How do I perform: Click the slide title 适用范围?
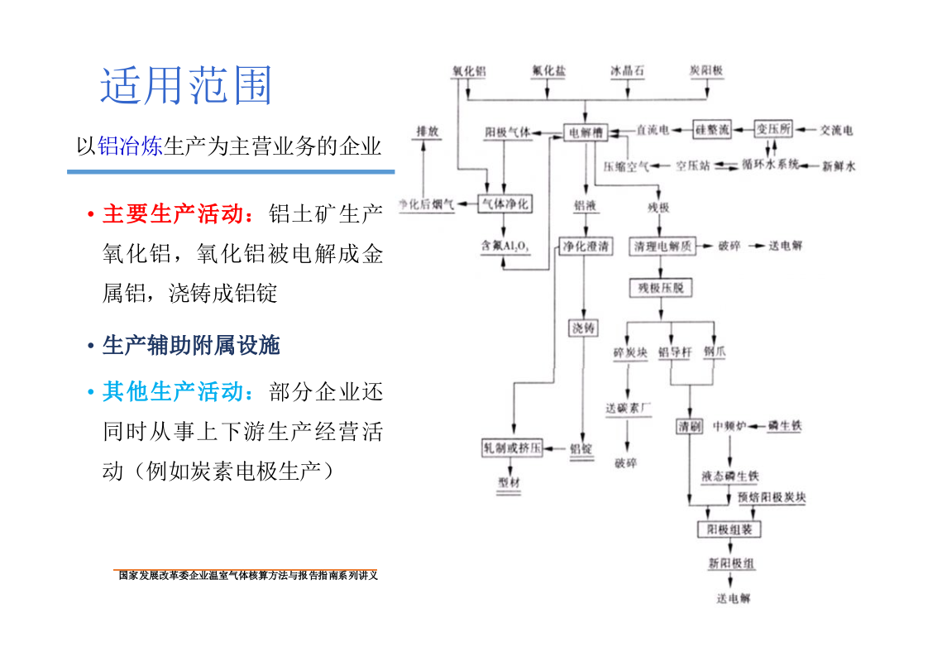coord(186,85)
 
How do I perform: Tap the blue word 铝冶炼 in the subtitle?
coord(130,147)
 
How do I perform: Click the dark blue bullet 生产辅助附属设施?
coord(191,345)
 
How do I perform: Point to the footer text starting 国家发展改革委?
coord(247,575)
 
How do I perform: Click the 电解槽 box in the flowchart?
coord(586,131)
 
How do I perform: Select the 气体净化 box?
coord(505,204)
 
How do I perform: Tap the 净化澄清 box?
coord(586,246)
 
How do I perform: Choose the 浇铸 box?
coord(583,328)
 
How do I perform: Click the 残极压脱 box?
coord(660,288)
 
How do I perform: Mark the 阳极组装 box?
coord(729,529)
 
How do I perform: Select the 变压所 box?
coord(773,130)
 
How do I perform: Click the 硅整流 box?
coord(712,130)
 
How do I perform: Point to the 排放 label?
coord(427,132)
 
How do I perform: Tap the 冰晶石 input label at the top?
coord(628,71)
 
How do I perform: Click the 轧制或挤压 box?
coord(513,448)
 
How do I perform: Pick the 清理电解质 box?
coord(663,246)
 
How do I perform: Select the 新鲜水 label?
coord(839,166)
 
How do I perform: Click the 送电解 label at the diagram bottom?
coord(733,598)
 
